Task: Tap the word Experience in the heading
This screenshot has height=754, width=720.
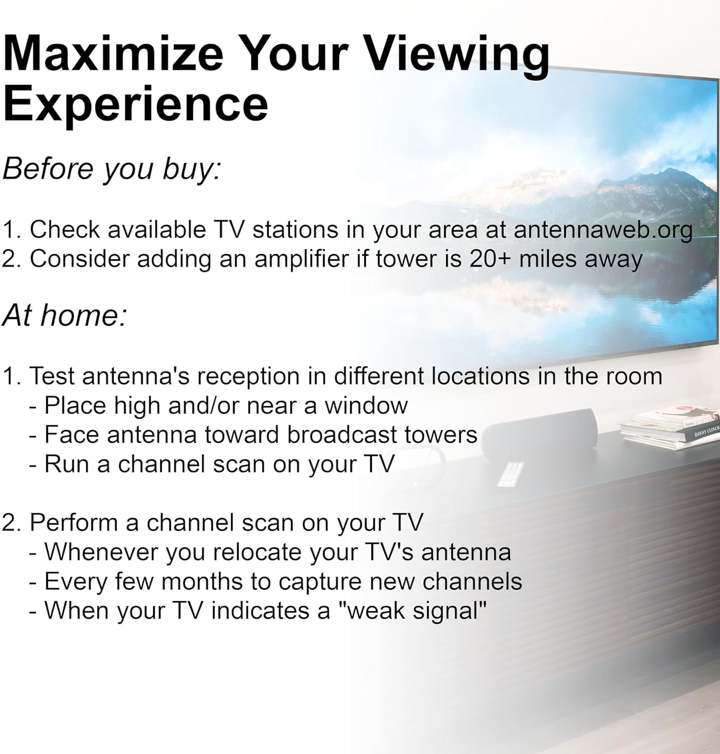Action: (136, 104)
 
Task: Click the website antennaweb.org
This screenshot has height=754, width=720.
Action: (602, 230)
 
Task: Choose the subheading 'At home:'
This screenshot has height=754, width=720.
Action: (64, 315)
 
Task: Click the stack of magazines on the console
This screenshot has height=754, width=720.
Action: (671, 428)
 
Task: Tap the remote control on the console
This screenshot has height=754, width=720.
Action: (510, 474)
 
